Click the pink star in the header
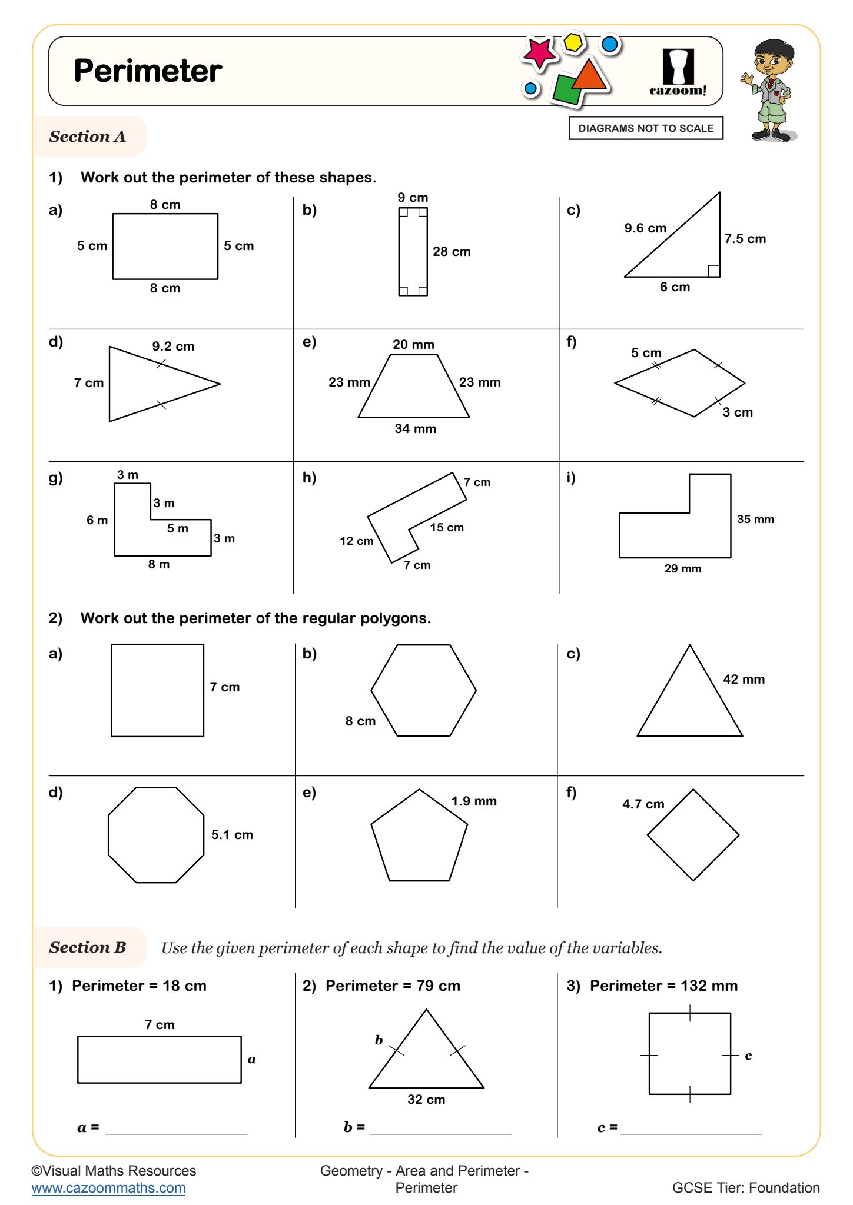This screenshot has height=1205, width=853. point(538,53)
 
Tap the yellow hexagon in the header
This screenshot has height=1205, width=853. point(573,42)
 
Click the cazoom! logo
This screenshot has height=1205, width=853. point(678,72)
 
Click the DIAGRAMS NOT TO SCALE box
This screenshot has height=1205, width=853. point(645,128)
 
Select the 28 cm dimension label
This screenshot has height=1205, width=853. point(452,252)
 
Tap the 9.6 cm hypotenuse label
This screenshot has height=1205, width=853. point(645,228)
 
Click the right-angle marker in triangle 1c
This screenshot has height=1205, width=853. point(713,271)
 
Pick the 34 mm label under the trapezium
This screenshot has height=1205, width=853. point(415,429)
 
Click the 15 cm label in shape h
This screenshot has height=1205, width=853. point(446,528)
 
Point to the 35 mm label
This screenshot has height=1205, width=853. point(755,520)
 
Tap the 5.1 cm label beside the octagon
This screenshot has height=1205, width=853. point(232,835)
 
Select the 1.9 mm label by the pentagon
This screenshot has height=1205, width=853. point(474,801)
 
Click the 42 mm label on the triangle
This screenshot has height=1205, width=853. point(744,680)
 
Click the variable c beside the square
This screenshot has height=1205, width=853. point(748,1056)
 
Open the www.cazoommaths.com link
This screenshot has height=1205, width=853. point(109,1188)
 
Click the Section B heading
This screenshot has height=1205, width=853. point(88,947)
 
